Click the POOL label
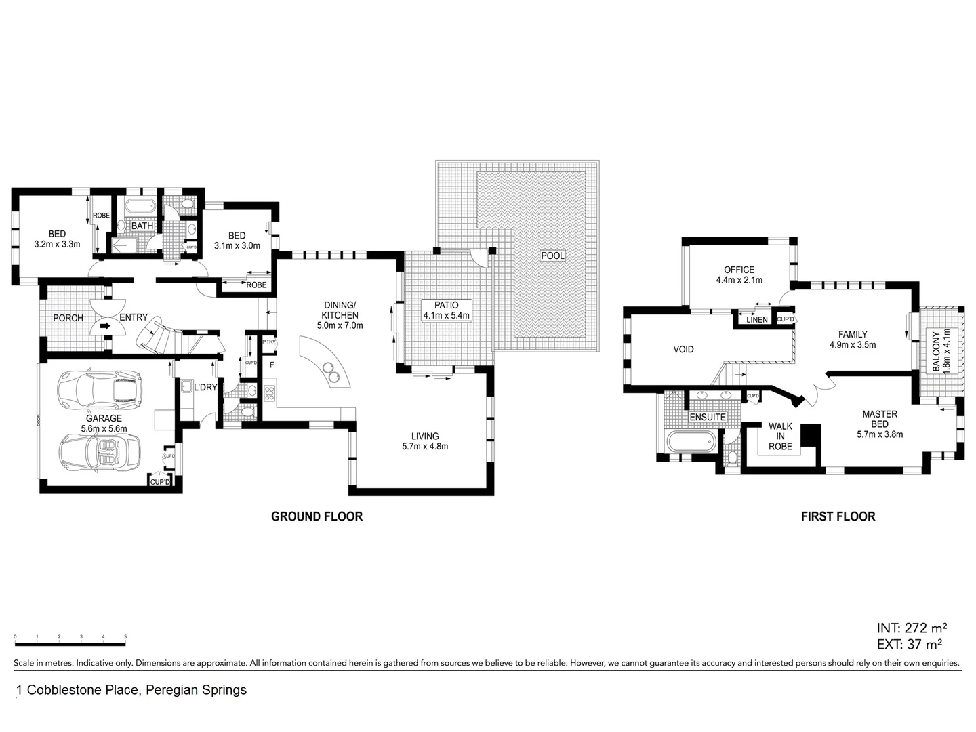[552, 256]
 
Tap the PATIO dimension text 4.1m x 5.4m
[446, 315]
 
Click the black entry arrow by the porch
[104, 326]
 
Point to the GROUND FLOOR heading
[317, 516]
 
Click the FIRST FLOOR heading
[838, 516]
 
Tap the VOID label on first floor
[683, 350]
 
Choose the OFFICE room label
[739, 270]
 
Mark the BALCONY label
[936, 350]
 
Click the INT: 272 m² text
[912, 628]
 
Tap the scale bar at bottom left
[70, 637]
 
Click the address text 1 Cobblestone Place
[131, 690]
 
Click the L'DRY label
[205, 388]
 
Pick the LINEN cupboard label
[757, 320]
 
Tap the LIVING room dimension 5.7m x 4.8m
[425, 446]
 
